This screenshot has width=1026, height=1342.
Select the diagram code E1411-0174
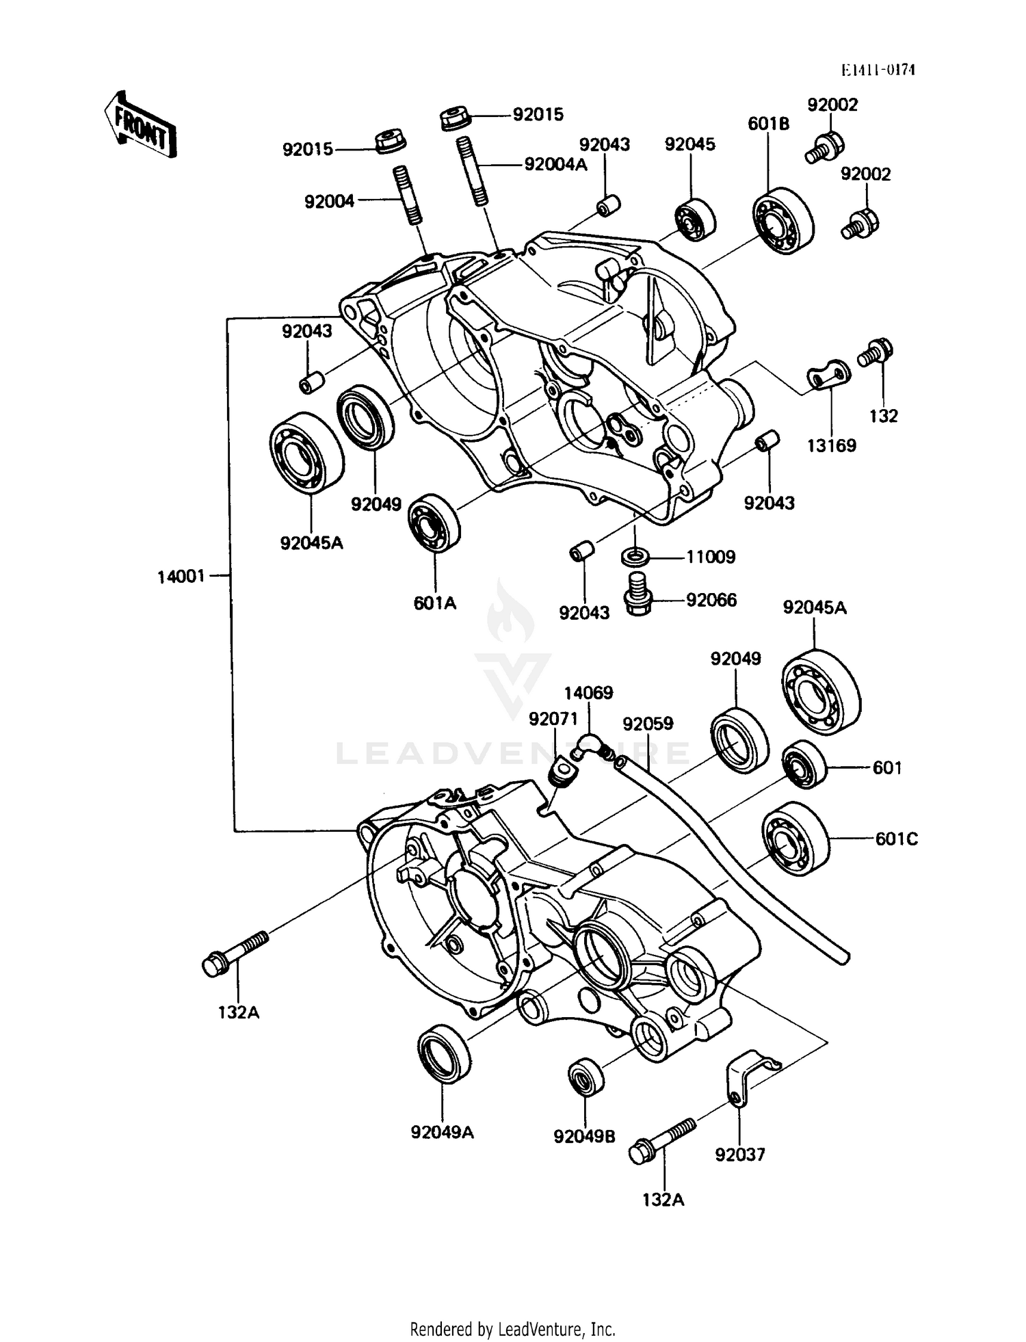coord(878,70)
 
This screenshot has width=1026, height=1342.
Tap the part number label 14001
coord(181,577)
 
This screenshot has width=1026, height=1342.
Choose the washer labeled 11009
coord(636,555)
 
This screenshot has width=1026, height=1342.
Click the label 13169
coord(831,446)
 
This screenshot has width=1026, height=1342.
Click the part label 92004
coord(330,202)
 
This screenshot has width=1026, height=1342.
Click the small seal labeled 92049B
coord(586,1077)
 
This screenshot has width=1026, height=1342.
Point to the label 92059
coord(648,724)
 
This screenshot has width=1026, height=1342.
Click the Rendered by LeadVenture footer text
coord(512,1329)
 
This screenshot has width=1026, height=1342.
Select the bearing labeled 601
coord(804,764)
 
